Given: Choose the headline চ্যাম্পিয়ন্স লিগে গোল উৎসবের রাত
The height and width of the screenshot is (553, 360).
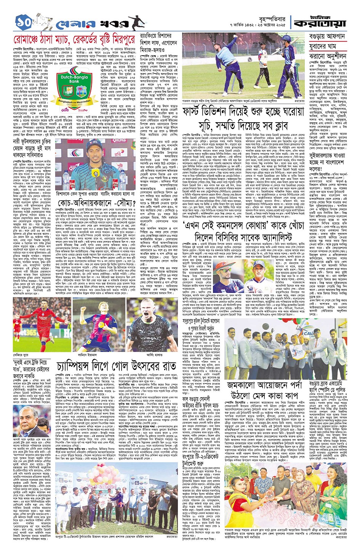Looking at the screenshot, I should click(x=116, y=367).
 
